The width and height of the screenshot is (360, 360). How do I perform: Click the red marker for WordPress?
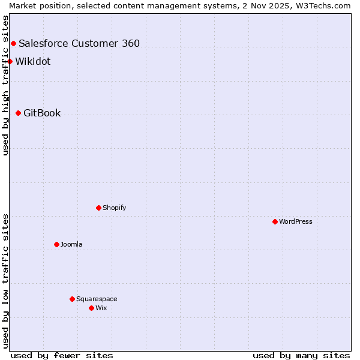coord(275,221)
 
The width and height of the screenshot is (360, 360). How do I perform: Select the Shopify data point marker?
coord(98,208)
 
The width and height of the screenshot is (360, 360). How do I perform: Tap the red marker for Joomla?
coord(56,244)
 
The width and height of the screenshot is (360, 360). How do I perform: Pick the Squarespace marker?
coord(72,299)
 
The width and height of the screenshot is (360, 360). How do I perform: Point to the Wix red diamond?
coord(91,308)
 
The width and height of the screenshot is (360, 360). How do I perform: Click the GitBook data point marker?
coord(18,113)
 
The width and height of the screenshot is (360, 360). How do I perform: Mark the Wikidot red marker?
coord(10,61)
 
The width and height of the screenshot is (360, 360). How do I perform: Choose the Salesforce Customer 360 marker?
coord(13,43)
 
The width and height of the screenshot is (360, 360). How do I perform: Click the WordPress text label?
coord(295,221)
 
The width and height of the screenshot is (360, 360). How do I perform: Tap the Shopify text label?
coord(114,208)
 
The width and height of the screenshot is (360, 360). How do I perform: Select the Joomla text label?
coord(71,244)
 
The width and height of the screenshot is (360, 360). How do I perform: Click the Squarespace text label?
coord(97,299)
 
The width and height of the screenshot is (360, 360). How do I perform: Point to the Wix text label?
coord(101,308)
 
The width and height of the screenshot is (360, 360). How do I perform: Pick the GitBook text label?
coord(42,113)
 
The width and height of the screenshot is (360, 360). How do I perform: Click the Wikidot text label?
coord(32,61)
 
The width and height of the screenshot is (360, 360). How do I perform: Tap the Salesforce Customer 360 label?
coord(79,43)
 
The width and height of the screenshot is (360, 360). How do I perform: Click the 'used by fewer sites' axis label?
coord(62,355)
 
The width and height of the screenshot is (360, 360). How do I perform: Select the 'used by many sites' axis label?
coord(301,355)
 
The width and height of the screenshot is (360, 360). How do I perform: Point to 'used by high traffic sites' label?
coord(5,85)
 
